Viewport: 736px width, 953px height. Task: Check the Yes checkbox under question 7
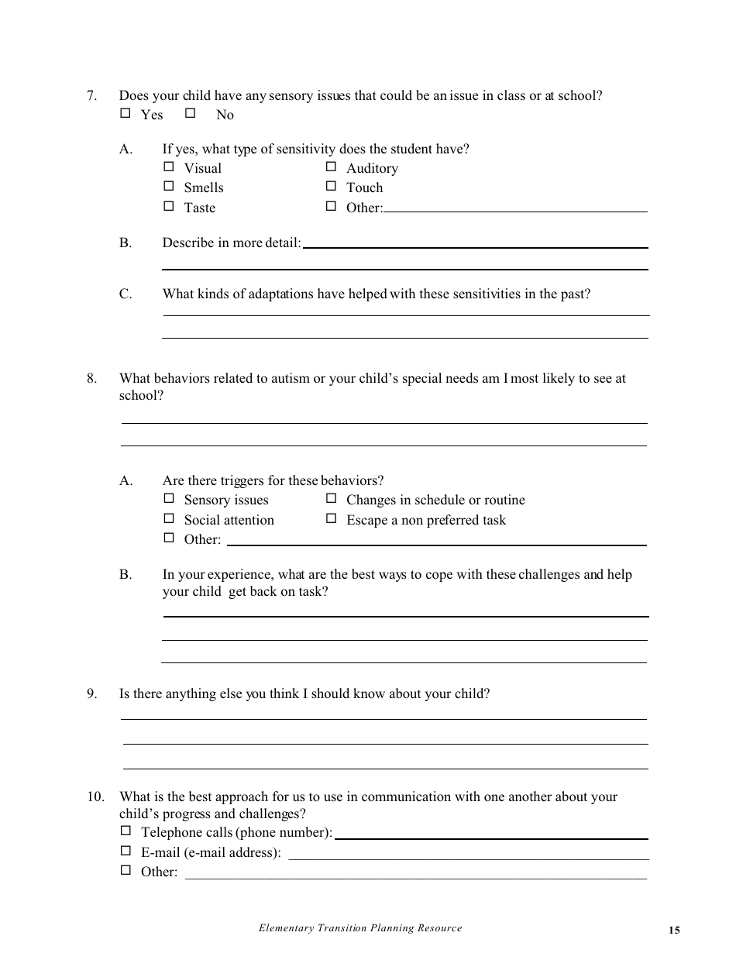point(126,113)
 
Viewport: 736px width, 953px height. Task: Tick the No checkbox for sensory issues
point(190,113)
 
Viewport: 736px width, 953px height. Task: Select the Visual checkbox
point(168,167)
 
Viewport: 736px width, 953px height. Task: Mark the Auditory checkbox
point(331,167)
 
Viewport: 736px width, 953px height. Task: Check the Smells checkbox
point(168,186)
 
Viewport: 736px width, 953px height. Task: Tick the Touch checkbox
point(331,186)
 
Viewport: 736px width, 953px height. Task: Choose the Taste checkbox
point(168,206)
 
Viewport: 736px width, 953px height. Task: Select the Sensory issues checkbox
point(168,499)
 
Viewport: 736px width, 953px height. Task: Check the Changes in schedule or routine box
point(331,499)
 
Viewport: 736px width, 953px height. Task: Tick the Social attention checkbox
point(168,518)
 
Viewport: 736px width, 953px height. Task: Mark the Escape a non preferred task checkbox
point(331,518)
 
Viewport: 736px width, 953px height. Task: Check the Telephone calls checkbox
point(126,831)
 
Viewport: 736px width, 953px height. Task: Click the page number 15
point(673,931)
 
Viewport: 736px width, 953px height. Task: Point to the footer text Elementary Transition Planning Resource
point(360,928)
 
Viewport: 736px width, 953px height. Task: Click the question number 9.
point(91,694)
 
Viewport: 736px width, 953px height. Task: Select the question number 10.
point(95,797)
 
